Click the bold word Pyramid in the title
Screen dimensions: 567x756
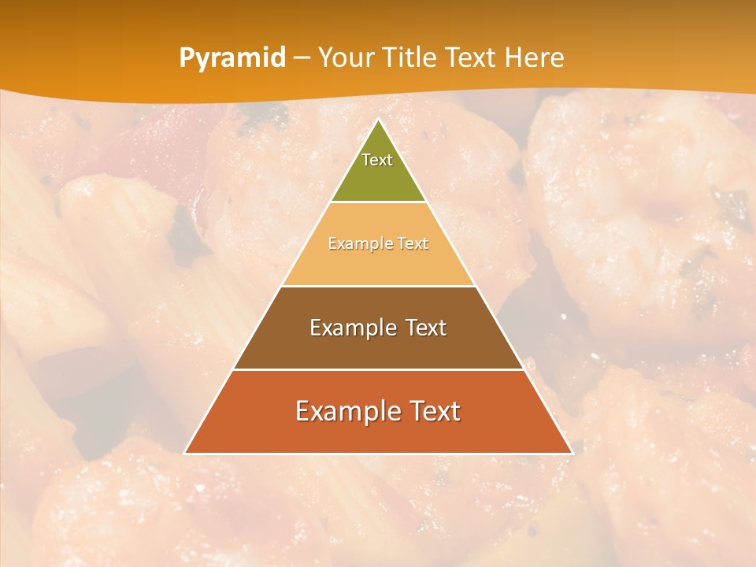(232, 58)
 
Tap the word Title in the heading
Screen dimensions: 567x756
(411, 58)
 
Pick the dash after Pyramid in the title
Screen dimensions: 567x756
(301, 58)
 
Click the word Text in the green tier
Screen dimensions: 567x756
(377, 160)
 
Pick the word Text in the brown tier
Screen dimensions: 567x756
(426, 328)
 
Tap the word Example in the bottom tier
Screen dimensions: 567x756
(346, 411)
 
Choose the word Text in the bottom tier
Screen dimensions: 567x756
(435, 411)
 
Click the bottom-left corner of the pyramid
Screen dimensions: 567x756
(185, 453)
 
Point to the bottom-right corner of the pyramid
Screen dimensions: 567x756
(572, 453)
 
